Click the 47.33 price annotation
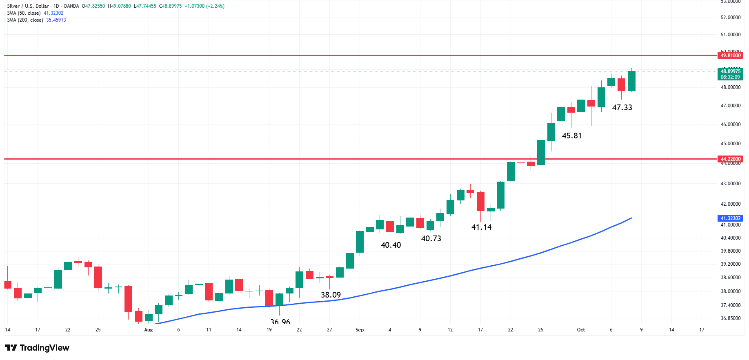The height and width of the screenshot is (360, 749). (x=622, y=107)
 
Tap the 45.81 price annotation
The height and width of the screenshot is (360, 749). (x=571, y=136)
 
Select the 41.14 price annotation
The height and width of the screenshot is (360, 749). (x=481, y=227)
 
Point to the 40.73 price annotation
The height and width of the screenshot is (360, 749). (x=431, y=238)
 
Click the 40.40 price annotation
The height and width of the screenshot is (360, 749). (x=391, y=245)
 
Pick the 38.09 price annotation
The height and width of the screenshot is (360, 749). (x=331, y=295)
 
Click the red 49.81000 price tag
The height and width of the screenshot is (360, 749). (x=730, y=56)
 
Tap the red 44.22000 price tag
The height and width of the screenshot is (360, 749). (x=730, y=159)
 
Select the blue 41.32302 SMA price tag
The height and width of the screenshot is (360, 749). (x=730, y=218)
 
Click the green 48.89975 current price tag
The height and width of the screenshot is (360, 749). (x=730, y=71)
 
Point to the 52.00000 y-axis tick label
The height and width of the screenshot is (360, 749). (x=730, y=18)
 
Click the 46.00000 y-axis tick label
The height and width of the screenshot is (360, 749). (x=730, y=124)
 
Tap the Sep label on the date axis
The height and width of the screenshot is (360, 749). (x=359, y=330)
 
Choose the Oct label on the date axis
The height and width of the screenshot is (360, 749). (x=580, y=330)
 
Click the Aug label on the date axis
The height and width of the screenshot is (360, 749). (x=148, y=330)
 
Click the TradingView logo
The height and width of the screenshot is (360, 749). (x=37, y=348)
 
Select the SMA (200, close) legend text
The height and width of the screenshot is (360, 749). (x=25, y=20)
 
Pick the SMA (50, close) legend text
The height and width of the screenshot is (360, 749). (x=24, y=13)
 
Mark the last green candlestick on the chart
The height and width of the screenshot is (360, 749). (x=631, y=81)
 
